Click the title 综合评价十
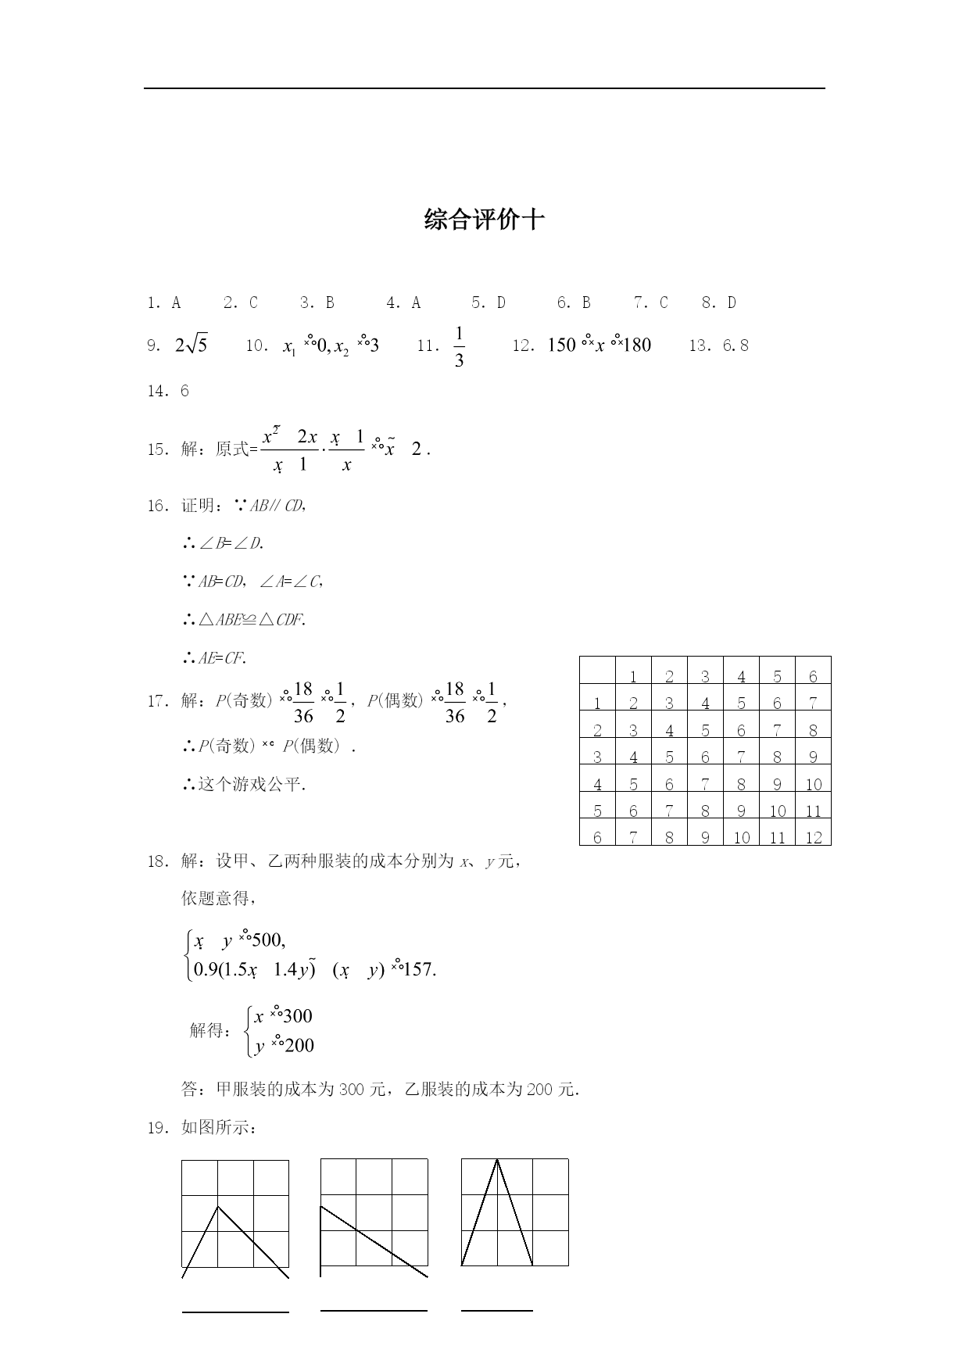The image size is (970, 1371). click(484, 220)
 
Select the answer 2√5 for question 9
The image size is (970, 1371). click(191, 345)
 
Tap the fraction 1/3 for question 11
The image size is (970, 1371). click(459, 346)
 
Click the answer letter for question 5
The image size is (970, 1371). click(501, 302)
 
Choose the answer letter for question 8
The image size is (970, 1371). click(732, 302)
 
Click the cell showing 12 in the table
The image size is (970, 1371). click(813, 837)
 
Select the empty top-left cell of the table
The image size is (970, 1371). click(597, 671)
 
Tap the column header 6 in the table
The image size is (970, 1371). click(813, 677)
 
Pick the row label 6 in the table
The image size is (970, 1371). click(597, 837)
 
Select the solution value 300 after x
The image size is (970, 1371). click(297, 1016)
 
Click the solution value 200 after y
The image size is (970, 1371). click(299, 1046)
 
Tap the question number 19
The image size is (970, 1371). click(156, 1127)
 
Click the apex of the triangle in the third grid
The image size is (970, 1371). click(497, 1160)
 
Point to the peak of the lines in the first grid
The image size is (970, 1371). click(218, 1207)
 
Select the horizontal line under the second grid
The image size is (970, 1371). click(374, 1310)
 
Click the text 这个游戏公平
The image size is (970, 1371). click(251, 784)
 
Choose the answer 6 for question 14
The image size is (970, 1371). click(184, 391)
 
